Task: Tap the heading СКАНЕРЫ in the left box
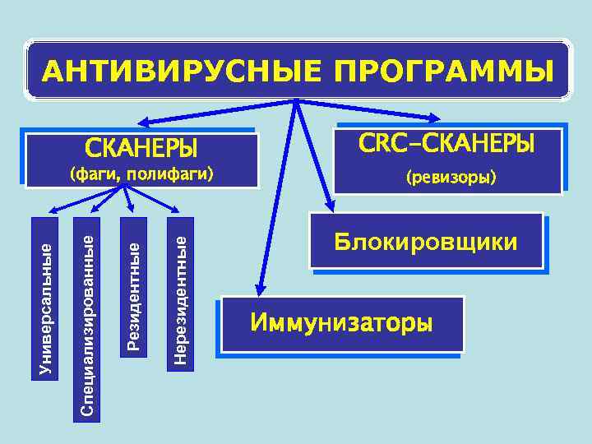pyautogui.click(x=141, y=150)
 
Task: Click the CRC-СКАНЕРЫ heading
pyautogui.click(x=447, y=144)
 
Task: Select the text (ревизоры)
pyautogui.click(x=447, y=177)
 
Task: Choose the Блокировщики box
pyautogui.click(x=426, y=242)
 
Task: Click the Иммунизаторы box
pyautogui.click(x=341, y=322)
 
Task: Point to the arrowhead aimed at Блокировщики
pyautogui.click(x=328, y=206)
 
